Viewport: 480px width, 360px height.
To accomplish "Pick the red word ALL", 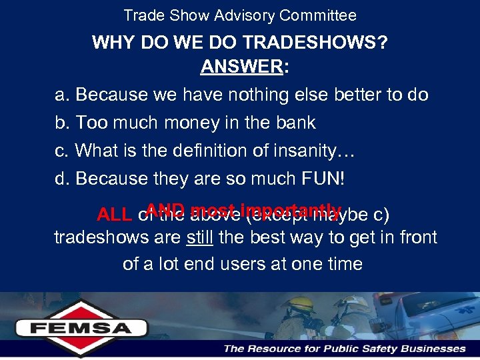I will click(x=114, y=215).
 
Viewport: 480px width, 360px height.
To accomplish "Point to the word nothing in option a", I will click(x=259, y=95).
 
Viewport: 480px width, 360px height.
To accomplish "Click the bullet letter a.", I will click(x=61, y=95).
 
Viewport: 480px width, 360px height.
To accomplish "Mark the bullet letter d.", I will click(x=61, y=179).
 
